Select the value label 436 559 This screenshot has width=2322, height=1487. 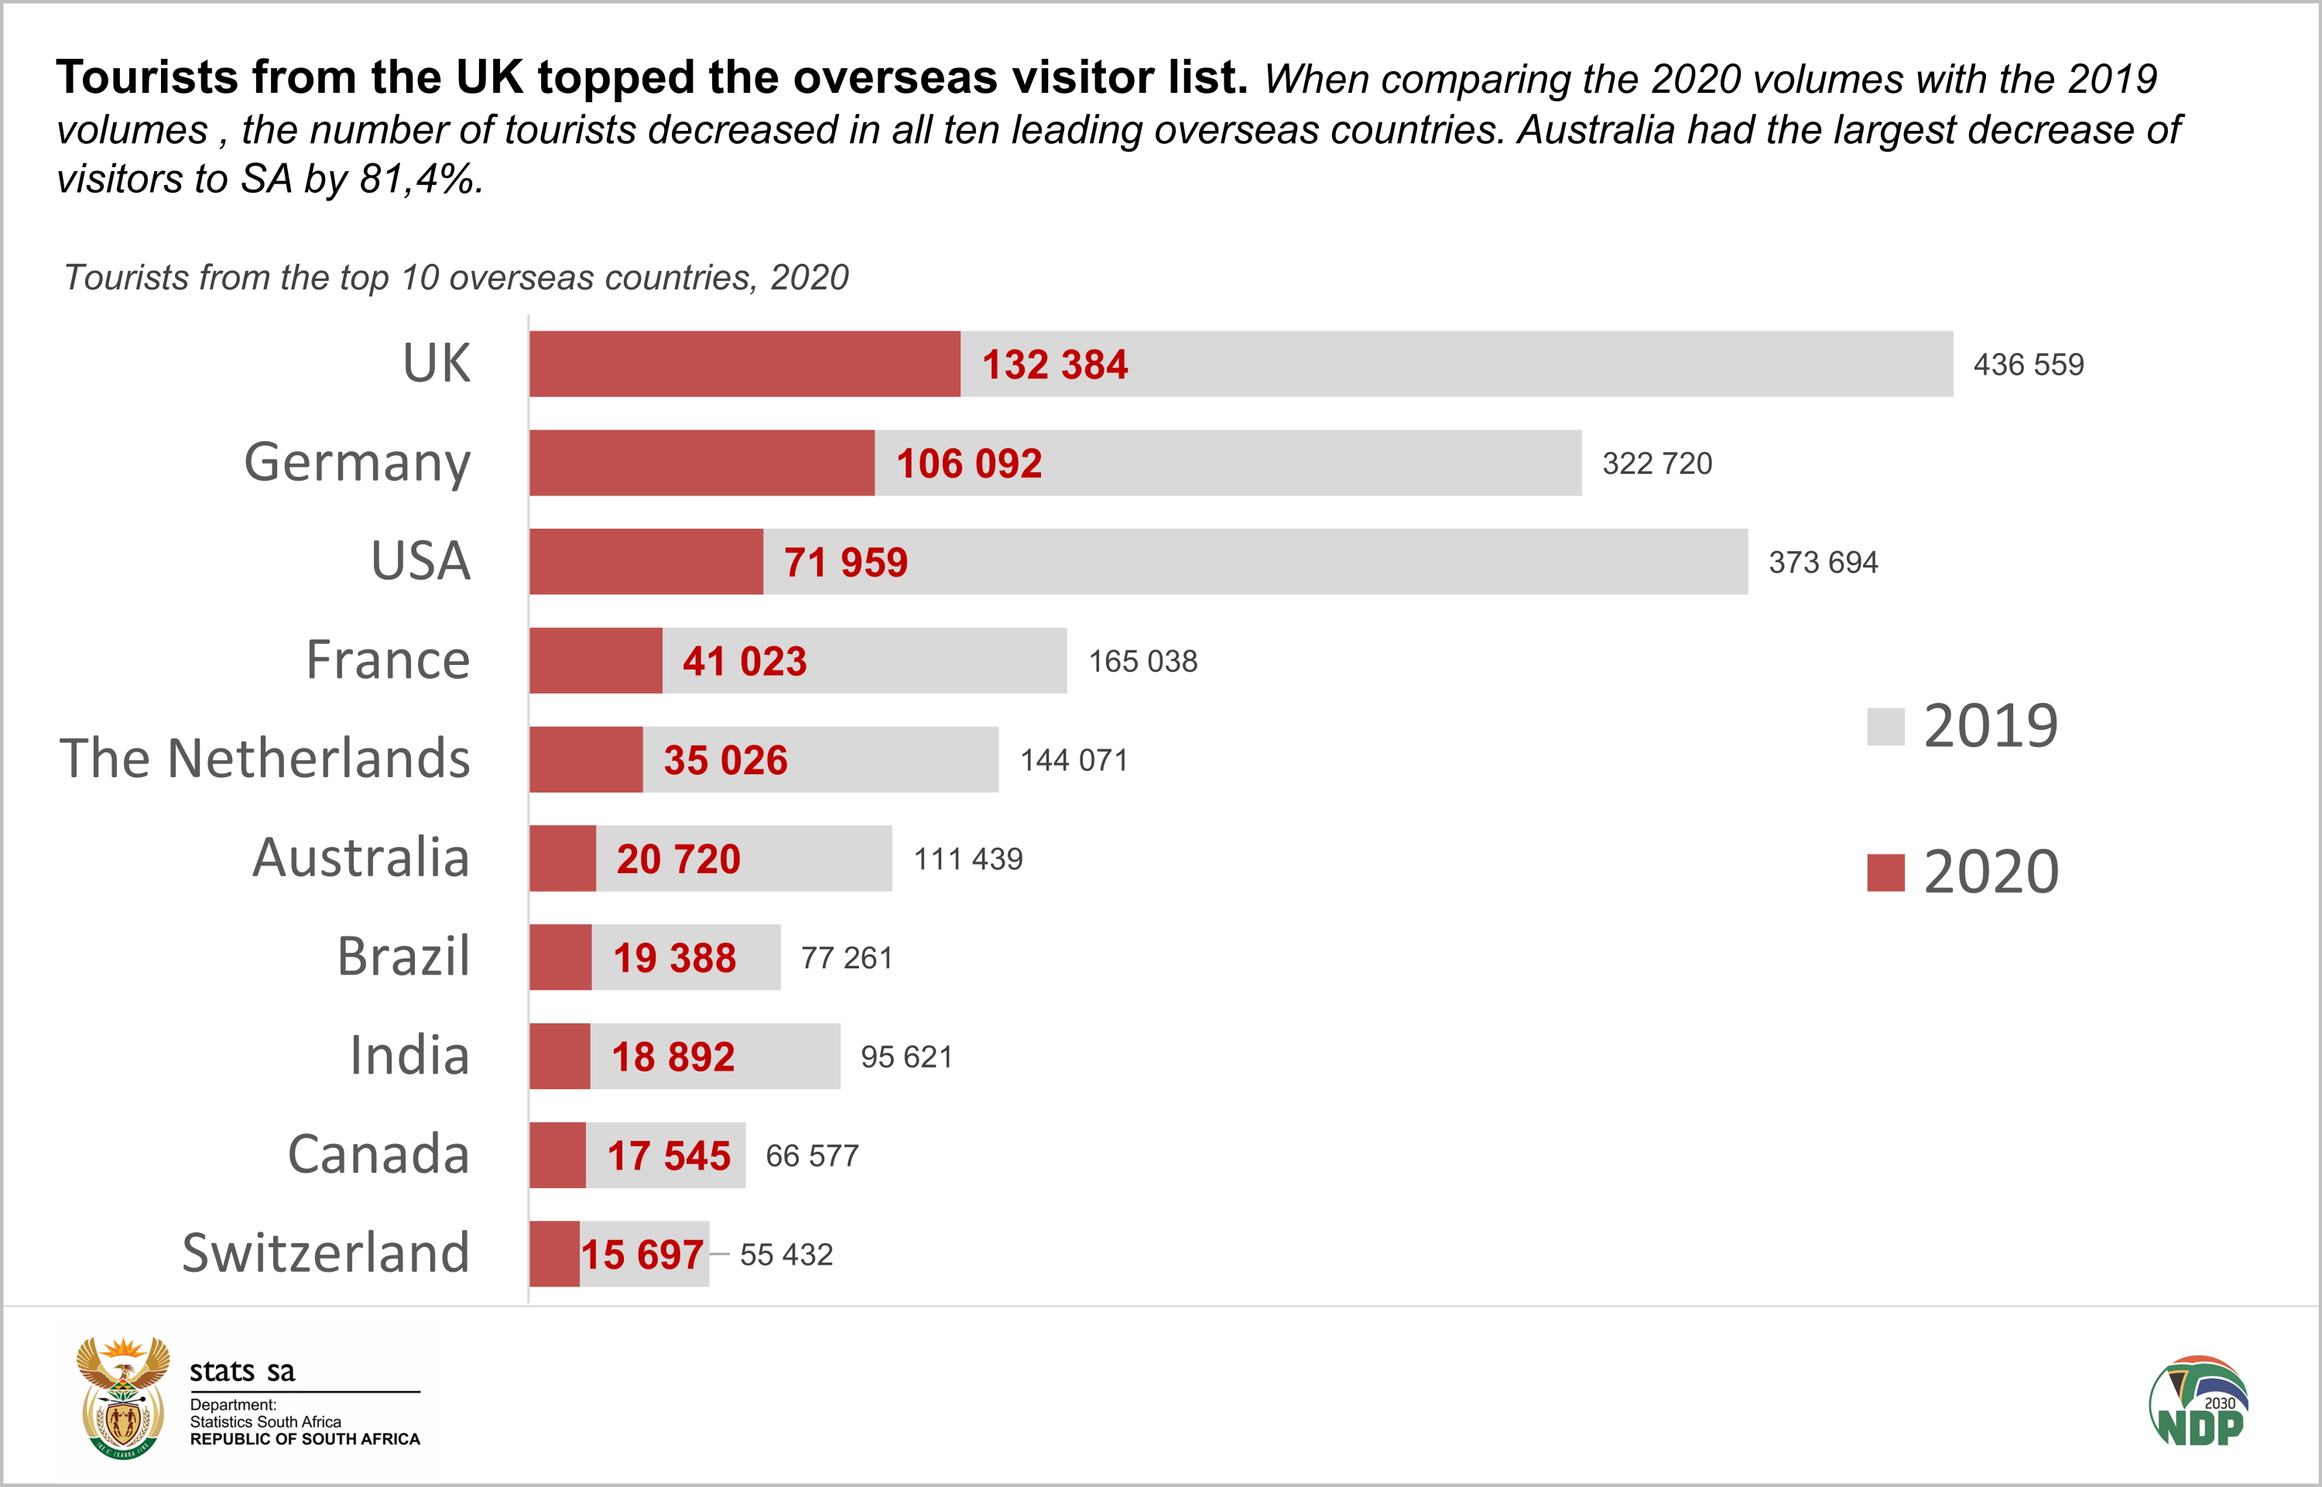[2028, 365]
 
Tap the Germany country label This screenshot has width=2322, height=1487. [358, 463]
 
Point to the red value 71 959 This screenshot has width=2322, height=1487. [846, 563]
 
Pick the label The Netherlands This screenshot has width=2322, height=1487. [265, 759]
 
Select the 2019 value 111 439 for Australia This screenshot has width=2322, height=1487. [967, 859]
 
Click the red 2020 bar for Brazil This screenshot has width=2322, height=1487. [560, 958]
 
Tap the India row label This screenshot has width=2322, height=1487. [409, 1055]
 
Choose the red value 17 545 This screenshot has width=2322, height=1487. [668, 1156]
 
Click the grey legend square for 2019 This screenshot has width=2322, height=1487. [1885, 727]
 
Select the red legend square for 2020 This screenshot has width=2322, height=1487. [1885, 873]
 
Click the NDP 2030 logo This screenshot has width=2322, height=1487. [2198, 1402]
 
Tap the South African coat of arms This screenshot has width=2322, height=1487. [122, 1397]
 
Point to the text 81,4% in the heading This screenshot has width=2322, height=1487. [420, 180]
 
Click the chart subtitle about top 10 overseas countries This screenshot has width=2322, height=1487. [456, 278]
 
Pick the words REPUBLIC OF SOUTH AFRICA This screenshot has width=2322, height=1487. [305, 1440]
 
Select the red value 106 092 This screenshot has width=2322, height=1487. [968, 464]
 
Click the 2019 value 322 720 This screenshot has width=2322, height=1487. [1657, 464]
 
